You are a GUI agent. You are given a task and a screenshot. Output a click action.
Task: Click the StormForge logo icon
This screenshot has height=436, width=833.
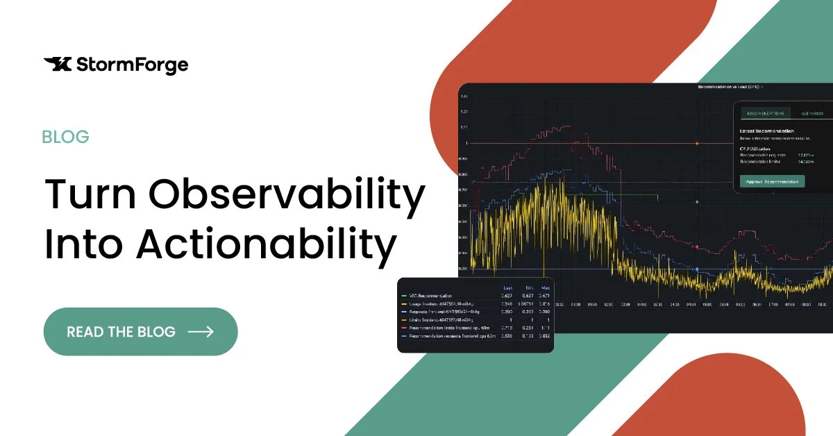[x=57, y=65]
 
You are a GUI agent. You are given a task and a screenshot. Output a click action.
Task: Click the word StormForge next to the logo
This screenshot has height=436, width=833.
[x=131, y=65]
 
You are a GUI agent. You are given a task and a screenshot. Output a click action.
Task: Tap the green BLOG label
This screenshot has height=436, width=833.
[x=65, y=137]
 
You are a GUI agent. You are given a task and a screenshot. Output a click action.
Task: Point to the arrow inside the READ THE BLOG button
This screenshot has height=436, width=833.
[x=201, y=332]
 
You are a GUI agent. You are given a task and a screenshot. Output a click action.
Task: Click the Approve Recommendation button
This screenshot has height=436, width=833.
[x=773, y=182]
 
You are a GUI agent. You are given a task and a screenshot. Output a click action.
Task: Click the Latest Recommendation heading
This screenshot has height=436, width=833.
[x=767, y=131]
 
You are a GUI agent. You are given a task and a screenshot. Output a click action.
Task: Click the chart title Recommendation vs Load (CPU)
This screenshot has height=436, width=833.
[x=729, y=87]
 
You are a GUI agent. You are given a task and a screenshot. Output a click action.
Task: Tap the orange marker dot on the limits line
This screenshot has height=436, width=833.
[x=696, y=143]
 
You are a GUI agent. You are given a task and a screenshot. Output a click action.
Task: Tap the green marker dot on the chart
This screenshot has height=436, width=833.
[x=696, y=202]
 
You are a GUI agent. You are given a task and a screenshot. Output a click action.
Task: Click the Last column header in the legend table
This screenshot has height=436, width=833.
[x=507, y=287]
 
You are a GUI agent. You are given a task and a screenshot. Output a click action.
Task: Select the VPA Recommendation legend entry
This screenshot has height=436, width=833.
[x=431, y=295]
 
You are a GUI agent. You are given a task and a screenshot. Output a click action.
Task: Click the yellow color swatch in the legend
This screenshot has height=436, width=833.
[x=403, y=303]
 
